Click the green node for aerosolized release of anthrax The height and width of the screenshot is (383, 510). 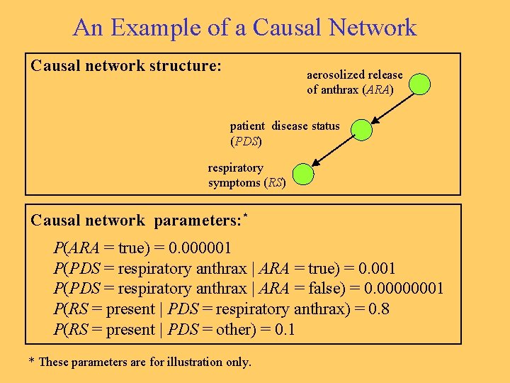(420, 84)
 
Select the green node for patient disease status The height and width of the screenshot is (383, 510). (362, 130)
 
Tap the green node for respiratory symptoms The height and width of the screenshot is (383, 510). (303, 174)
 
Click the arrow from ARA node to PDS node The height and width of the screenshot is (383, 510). (391, 107)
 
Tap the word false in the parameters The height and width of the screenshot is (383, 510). (321, 289)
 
